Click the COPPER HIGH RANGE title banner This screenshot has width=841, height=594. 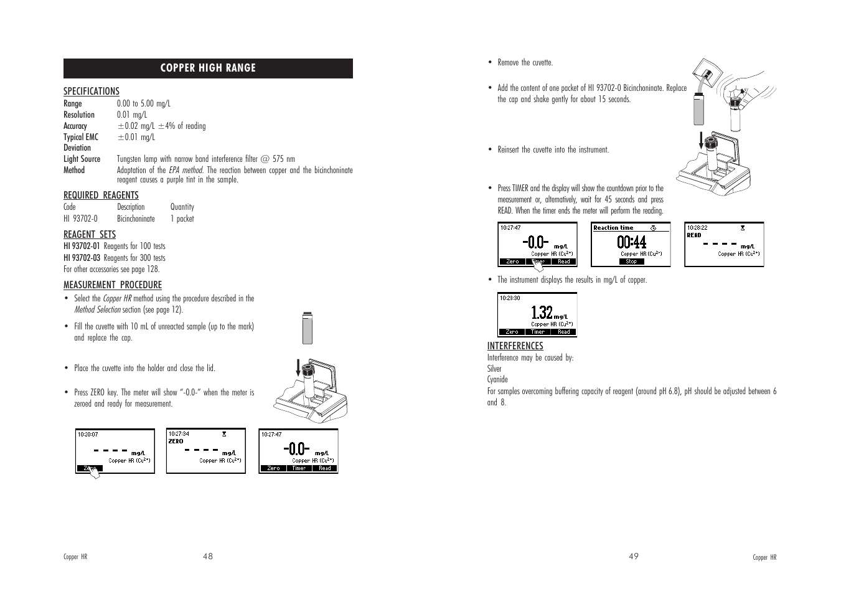coord(208,68)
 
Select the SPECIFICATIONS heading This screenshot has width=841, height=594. coord(92,92)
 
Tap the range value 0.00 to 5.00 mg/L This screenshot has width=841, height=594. coord(143,103)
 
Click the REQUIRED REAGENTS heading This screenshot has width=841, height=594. coord(101,196)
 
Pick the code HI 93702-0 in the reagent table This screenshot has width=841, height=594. coord(81,219)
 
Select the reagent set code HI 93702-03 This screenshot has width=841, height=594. coord(82,258)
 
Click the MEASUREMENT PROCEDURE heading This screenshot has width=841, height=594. coord(113,285)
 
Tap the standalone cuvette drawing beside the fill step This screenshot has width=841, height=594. coord(306,328)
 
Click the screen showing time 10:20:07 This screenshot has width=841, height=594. coord(115,451)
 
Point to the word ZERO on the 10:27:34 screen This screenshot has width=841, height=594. coord(176,441)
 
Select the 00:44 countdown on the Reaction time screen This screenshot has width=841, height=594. coord(631,242)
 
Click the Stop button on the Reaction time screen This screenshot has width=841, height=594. coord(631,262)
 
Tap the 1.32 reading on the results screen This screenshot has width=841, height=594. coord(542,312)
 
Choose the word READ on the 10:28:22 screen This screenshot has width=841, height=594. coord(694,235)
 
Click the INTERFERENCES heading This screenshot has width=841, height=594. coord(515,346)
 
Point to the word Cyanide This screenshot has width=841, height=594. coord(497,380)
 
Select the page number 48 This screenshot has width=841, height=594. coord(208,557)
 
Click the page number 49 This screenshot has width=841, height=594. coord(633,557)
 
